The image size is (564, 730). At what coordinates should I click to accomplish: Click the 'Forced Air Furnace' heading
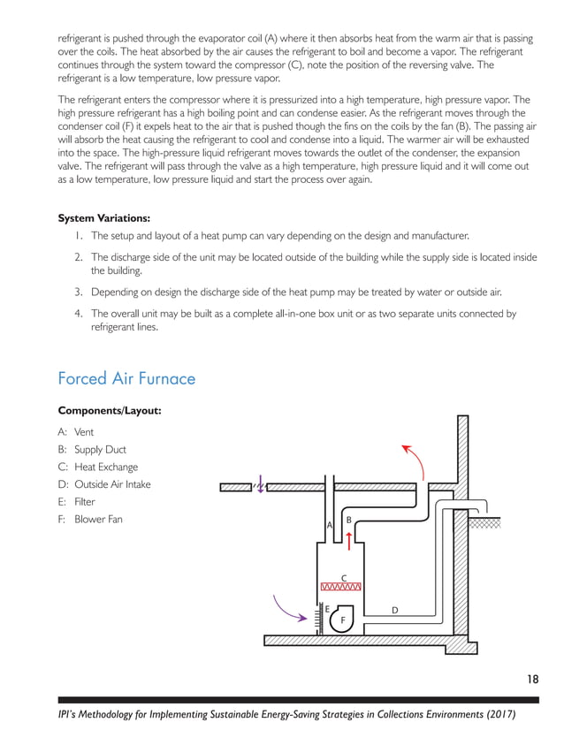(x=126, y=378)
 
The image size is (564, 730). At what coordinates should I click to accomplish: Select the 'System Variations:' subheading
(x=103, y=217)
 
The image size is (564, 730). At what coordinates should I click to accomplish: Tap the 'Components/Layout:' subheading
(x=109, y=411)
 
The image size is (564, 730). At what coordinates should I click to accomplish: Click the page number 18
(x=532, y=679)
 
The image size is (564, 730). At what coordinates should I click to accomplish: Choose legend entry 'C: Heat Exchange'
(x=97, y=467)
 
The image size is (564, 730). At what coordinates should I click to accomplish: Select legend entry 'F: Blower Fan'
(x=90, y=519)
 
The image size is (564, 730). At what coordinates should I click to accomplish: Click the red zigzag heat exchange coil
(x=340, y=585)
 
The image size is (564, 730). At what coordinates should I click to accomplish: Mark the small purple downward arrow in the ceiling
(x=260, y=487)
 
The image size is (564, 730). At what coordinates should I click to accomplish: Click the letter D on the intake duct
(x=394, y=610)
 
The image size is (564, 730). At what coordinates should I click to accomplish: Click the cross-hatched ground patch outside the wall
(x=484, y=522)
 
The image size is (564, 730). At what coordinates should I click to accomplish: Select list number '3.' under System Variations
(x=79, y=292)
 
